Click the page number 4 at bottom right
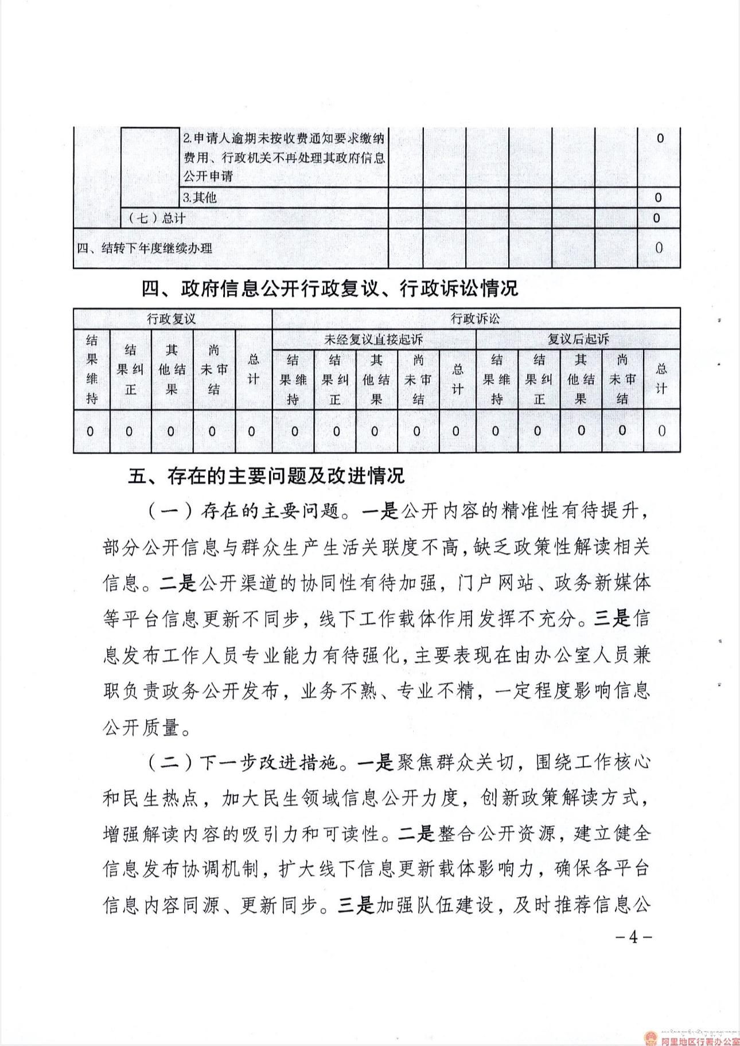[633, 937]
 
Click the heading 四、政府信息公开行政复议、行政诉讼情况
[330, 288]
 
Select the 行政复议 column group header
[172, 319]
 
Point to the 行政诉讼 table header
[476, 319]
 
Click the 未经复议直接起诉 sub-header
[373, 339]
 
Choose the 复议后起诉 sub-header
[578, 339]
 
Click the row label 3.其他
[200, 198]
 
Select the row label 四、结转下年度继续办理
[145, 248]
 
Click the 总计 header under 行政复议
[253, 369]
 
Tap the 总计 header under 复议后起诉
[661, 378]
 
